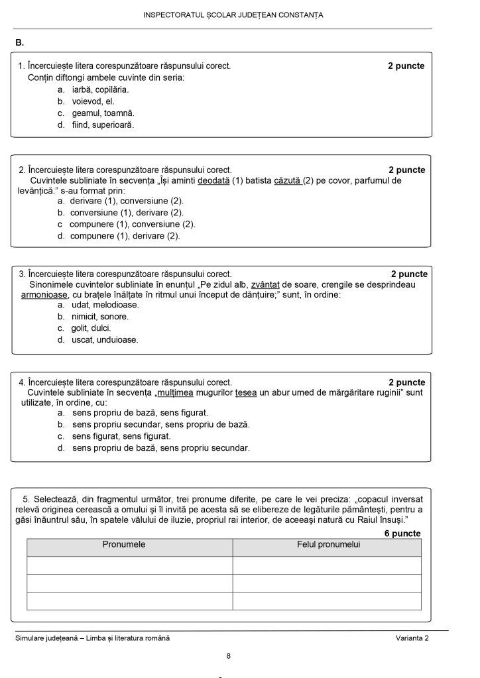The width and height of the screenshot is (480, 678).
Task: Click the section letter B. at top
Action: (x=20, y=43)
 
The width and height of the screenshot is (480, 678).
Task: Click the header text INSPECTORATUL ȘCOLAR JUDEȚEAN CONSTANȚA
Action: (x=233, y=15)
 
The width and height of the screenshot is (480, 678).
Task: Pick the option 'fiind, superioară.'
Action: (x=103, y=125)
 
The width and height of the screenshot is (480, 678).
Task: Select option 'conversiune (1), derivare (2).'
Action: (x=127, y=213)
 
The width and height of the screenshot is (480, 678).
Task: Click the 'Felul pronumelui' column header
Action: (x=328, y=545)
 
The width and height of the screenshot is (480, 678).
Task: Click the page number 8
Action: (x=228, y=656)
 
